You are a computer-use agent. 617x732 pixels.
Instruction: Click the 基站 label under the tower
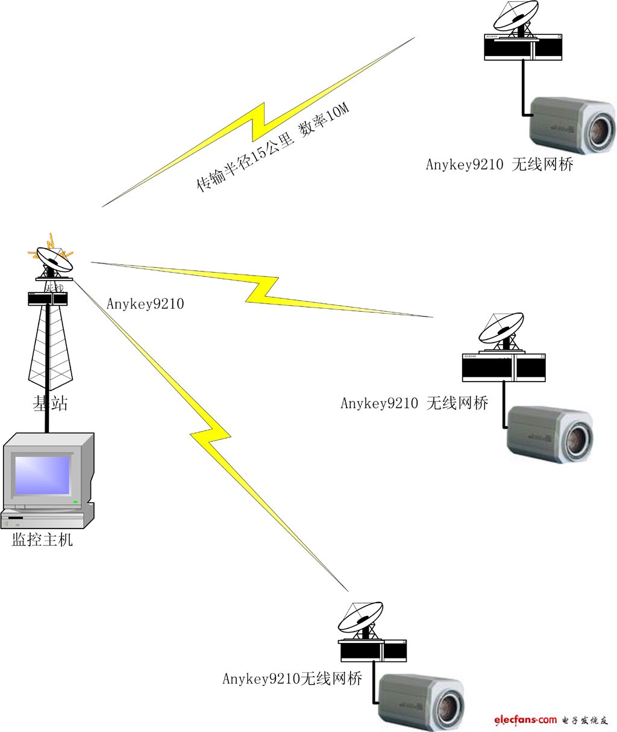point(50,403)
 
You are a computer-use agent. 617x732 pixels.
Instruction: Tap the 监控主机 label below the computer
point(42,539)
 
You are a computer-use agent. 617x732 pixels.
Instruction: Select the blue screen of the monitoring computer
point(42,475)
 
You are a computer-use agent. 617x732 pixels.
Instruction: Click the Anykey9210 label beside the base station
point(145,303)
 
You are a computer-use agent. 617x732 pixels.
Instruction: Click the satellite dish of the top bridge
point(516,16)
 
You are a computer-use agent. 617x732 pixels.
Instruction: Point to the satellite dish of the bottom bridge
point(360,616)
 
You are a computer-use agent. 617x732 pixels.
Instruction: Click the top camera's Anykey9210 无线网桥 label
point(500,164)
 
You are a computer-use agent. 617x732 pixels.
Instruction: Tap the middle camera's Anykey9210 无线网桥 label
point(414,403)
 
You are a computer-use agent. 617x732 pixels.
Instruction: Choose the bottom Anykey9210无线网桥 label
point(292,679)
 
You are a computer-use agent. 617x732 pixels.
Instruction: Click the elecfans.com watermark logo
point(525,719)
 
